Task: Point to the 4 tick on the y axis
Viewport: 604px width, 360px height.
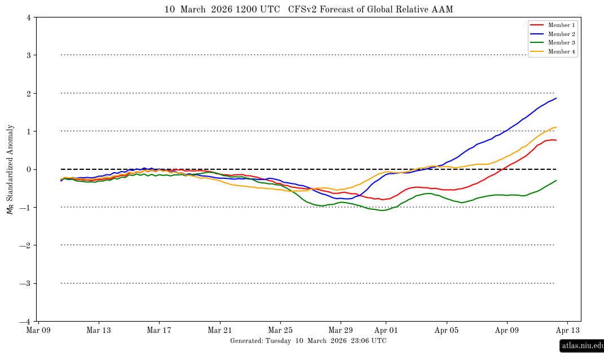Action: [x=29, y=17]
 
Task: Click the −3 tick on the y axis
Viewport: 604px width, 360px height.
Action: [x=27, y=284]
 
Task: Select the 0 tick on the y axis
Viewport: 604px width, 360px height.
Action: [x=29, y=170]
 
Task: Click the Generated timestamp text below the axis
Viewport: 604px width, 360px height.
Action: [x=308, y=341]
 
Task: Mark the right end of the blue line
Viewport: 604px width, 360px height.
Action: [x=556, y=98]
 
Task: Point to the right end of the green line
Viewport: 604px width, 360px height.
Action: [x=556, y=181]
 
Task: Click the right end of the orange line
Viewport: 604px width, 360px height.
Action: [x=556, y=127]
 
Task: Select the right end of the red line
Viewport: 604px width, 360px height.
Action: [x=556, y=140]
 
